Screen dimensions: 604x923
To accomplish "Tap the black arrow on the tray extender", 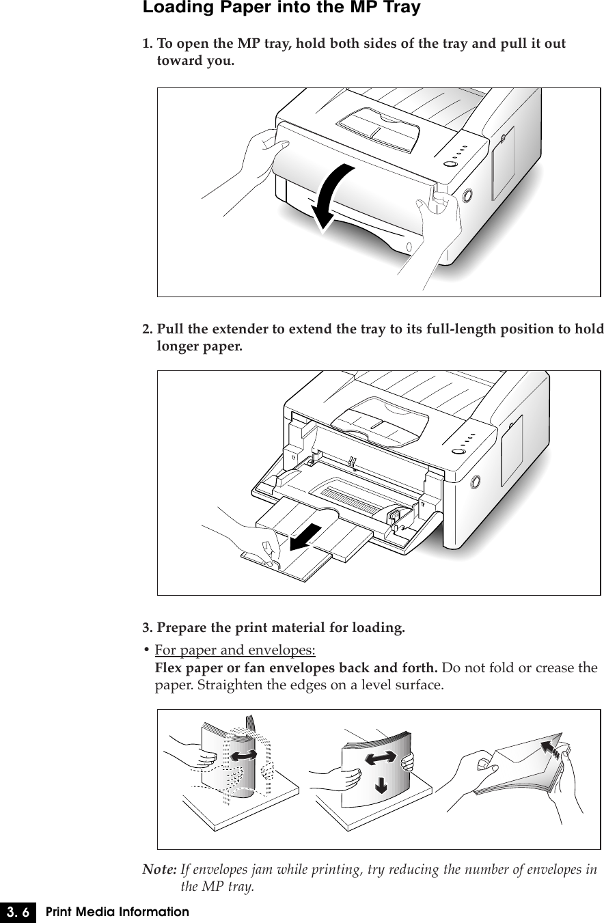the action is point(305,537).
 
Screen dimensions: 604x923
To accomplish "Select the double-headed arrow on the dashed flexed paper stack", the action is point(243,756).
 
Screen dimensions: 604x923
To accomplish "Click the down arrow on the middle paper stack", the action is point(381,786).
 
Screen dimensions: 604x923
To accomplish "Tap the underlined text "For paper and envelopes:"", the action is point(235,650).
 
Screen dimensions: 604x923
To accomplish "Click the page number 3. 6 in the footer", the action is point(18,912).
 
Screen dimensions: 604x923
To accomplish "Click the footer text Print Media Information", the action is point(118,912).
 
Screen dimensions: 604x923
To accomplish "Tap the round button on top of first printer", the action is point(450,165).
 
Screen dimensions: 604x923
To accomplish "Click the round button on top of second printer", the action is point(458,452).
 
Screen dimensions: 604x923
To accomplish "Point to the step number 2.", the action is point(148,329).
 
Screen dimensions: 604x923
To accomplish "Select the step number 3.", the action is point(148,628).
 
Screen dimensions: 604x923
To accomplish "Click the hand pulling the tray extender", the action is point(247,540).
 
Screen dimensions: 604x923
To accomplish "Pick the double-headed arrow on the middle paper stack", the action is point(381,758).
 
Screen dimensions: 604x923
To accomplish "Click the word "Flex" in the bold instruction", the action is point(169,667).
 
